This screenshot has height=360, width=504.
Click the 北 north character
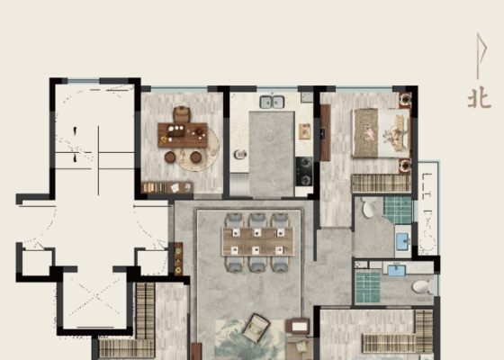(479, 98)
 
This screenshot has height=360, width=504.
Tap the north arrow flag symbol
(481, 56)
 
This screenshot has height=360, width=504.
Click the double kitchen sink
(272, 102)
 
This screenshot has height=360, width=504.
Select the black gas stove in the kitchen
(304, 171)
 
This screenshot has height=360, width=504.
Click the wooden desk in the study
(182, 135)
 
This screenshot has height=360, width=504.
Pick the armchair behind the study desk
(182, 114)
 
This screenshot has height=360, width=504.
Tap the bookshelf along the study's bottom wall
(167, 188)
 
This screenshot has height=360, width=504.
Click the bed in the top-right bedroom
(382, 133)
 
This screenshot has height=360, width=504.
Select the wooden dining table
(257, 241)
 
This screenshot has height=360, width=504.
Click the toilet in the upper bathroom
(369, 207)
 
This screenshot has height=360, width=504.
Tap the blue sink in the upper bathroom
(402, 242)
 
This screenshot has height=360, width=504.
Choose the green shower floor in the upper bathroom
(398, 211)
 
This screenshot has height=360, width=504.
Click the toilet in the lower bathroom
(423, 286)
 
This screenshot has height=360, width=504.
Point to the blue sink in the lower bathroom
(397, 270)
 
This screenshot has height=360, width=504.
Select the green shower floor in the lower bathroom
(368, 287)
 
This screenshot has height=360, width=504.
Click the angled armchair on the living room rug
(256, 328)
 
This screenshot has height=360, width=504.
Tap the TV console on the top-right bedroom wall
(325, 132)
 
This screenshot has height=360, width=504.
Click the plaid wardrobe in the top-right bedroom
(382, 184)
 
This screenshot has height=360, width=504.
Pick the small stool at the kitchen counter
(240, 155)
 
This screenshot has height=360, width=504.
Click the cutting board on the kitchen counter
(305, 130)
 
